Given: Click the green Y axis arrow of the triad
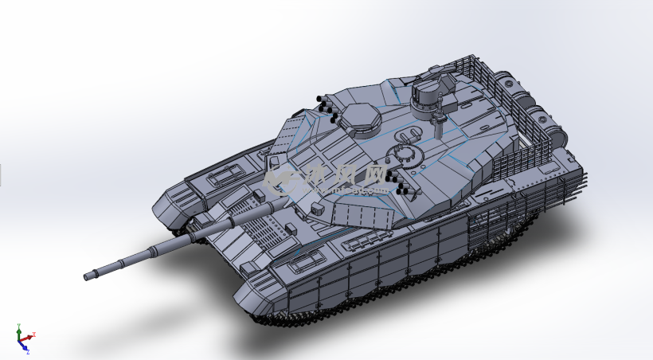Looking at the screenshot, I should tap(19, 329).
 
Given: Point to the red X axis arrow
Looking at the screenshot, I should tap(32, 335).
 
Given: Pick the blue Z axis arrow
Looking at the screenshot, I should tap(25, 347).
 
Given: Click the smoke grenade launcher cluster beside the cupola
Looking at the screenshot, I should tap(327, 105).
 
